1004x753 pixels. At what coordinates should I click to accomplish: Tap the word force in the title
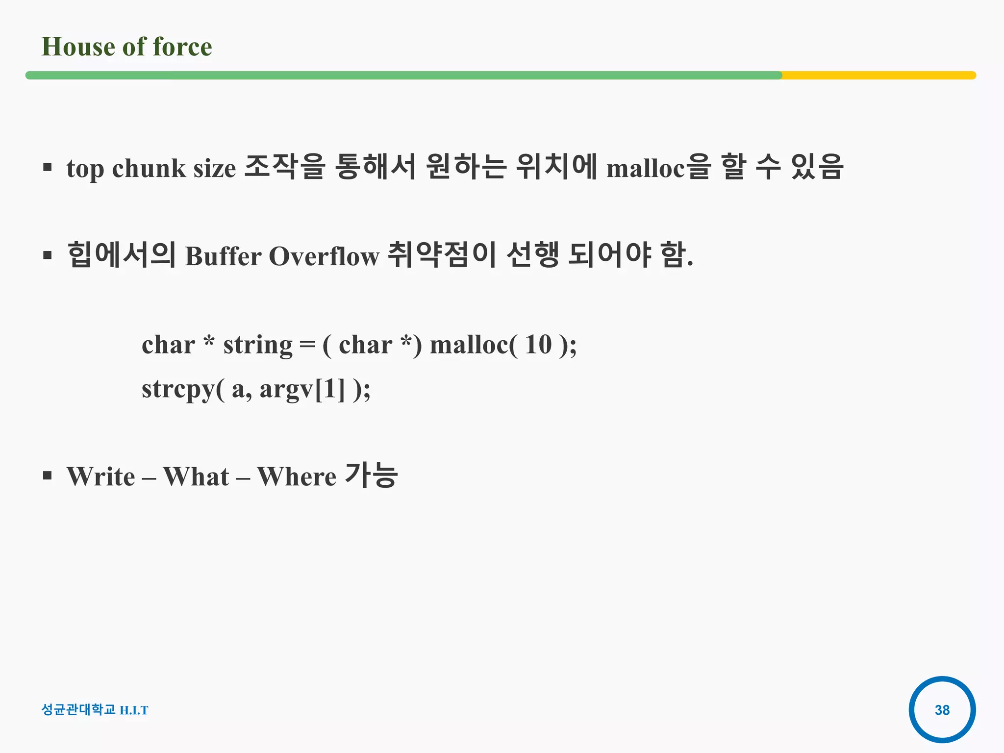tap(182, 47)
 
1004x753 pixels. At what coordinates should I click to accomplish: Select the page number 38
tap(942, 710)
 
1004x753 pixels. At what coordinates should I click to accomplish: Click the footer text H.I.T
tap(134, 710)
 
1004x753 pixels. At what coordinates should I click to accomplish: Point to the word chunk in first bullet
tap(149, 169)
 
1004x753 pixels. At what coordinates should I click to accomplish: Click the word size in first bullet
tap(215, 169)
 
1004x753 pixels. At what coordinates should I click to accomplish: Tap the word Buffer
tap(223, 256)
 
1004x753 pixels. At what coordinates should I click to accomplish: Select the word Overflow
tap(324, 256)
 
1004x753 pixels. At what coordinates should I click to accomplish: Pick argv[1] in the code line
tap(302, 390)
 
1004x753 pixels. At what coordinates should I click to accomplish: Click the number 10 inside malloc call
tap(538, 345)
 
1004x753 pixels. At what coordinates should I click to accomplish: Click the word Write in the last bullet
tap(101, 477)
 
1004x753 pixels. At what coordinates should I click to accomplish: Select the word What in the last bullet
tap(196, 477)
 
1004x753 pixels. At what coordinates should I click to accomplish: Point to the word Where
tap(297, 477)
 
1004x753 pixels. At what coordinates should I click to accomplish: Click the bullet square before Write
tap(47, 476)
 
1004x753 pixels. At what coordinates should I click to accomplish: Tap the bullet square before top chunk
tap(47, 168)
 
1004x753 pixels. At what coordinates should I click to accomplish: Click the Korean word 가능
tap(371, 476)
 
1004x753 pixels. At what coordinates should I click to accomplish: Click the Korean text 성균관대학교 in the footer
tap(78, 710)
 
